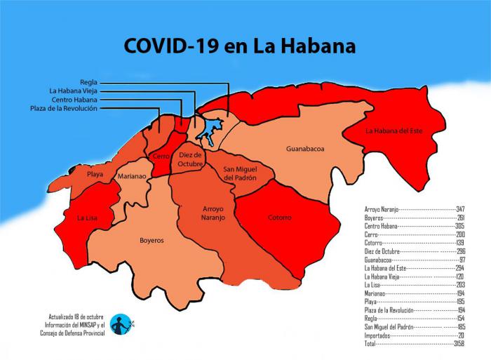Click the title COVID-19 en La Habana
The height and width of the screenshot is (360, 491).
point(239,46)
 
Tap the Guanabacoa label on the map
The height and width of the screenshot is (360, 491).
point(304,149)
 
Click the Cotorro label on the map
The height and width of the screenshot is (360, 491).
point(279,218)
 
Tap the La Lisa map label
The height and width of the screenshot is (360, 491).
point(87,218)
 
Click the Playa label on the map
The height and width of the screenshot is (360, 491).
point(95,173)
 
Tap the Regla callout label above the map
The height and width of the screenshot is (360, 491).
point(88,82)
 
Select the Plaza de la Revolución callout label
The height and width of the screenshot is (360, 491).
point(64,108)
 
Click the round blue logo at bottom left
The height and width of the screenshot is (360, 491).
point(121,324)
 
